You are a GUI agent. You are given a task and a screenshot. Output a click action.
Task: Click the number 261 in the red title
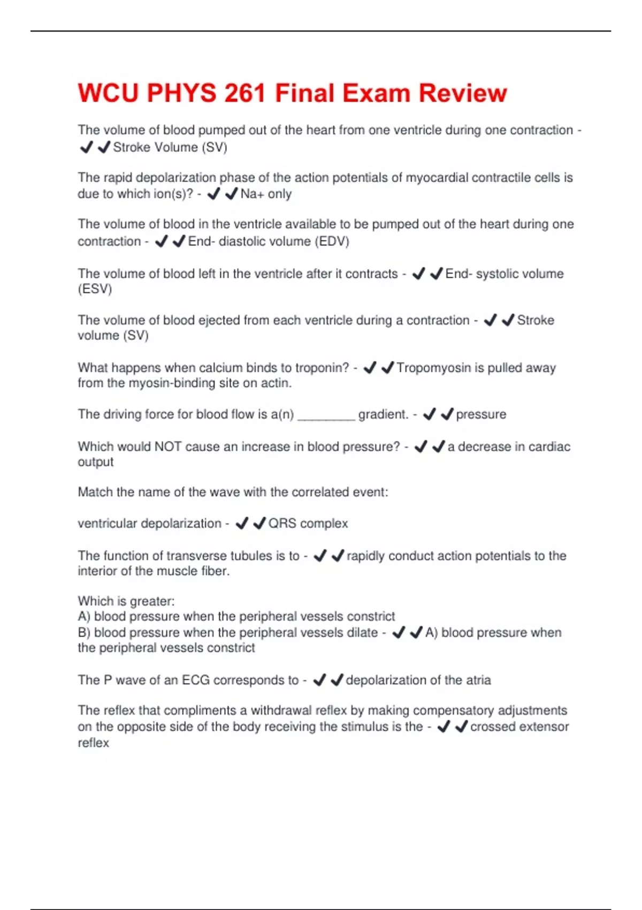(244, 93)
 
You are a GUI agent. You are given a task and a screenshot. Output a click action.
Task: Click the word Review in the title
(463, 93)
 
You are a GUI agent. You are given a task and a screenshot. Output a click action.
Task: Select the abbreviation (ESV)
(95, 289)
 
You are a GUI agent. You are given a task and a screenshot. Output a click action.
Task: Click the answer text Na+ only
(266, 194)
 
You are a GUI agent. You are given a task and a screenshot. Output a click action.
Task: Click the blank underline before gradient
(326, 415)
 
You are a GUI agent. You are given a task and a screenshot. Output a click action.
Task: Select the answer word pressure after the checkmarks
(480, 414)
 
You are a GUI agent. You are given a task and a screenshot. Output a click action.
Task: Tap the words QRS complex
(308, 523)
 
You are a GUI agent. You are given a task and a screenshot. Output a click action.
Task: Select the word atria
(478, 680)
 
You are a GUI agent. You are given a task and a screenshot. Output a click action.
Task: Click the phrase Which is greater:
(126, 601)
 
